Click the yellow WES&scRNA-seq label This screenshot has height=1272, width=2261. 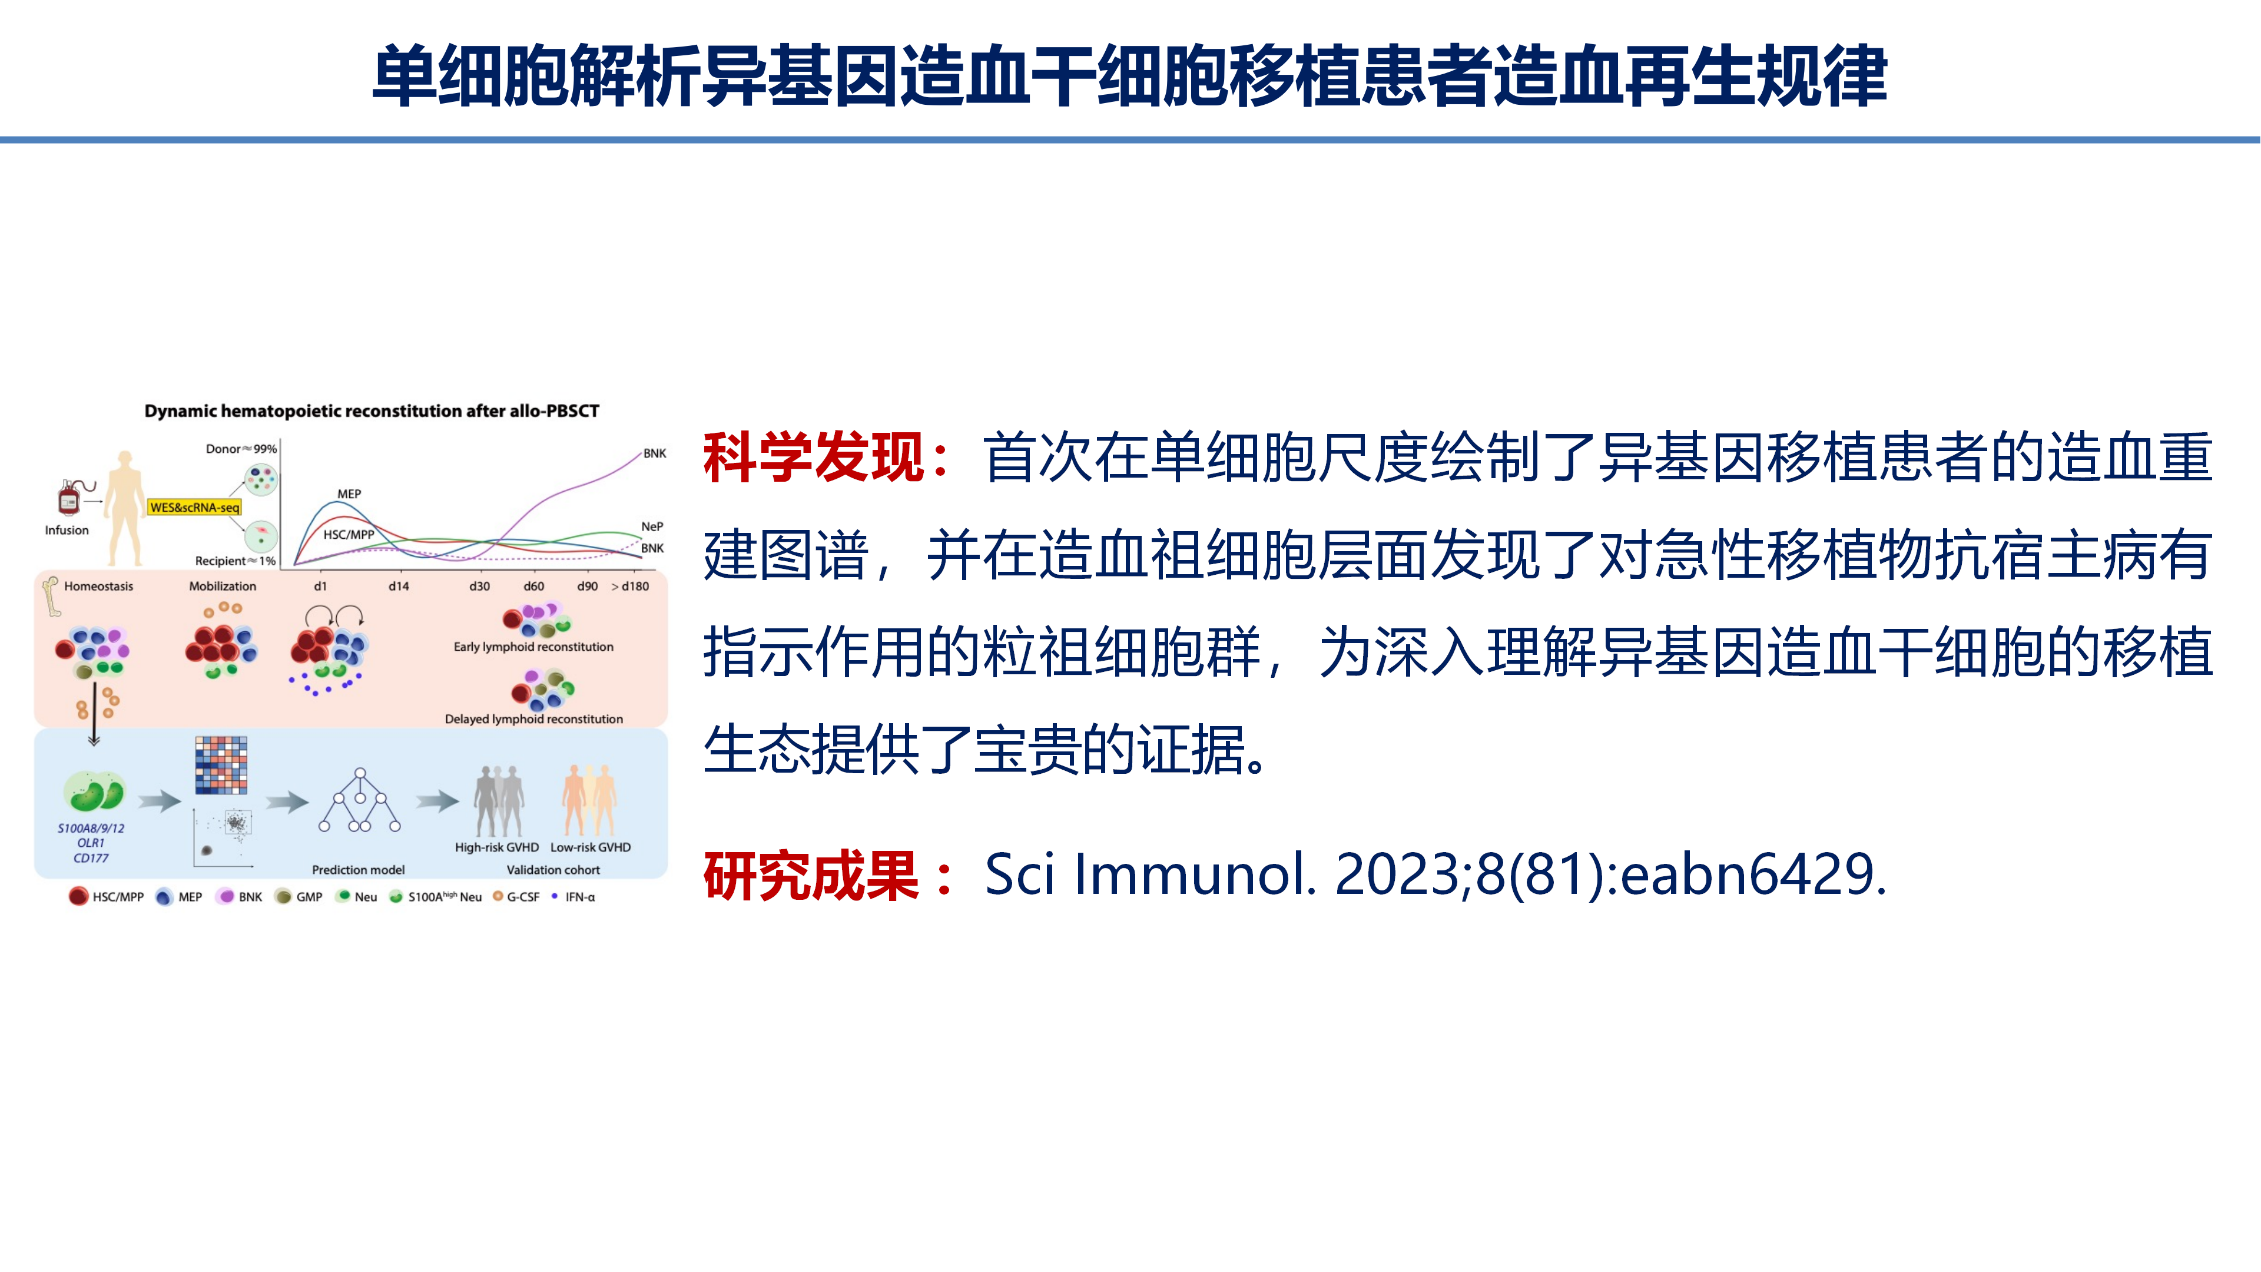point(194,508)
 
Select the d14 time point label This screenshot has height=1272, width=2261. point(399,587)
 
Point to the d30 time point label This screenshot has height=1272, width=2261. point(479,587)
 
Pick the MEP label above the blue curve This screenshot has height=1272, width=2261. point(349,494)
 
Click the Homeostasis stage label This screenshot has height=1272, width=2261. point(98,587)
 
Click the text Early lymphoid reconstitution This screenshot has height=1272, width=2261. point(533,647)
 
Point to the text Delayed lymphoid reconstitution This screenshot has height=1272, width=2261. point(533,719)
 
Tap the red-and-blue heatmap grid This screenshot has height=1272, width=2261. point(221,764)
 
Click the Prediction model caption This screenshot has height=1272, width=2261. point(358,870)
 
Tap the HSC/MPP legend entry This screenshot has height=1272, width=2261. point(107,897)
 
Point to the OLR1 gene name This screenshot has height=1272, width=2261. point(91,843)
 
